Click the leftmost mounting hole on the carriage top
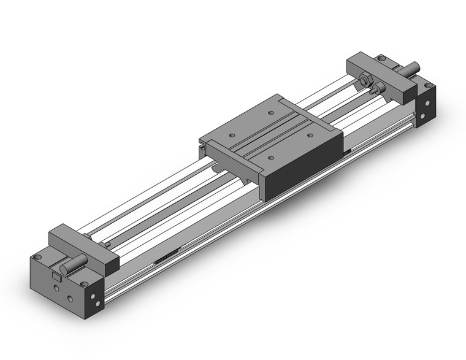pyautogui.click(x=231, y=136)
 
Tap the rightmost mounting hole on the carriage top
pyautogui.click(x=309, y=135)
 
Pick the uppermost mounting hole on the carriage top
pyautogui.click(x=270, y=113)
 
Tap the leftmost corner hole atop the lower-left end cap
pyautogui.click(x=38, y=257)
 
